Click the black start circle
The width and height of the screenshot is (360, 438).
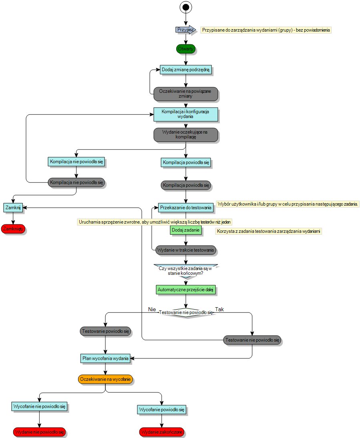[186, 7]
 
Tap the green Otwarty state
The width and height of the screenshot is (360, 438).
[186, 49]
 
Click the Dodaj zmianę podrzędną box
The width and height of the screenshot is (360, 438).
[186, 70]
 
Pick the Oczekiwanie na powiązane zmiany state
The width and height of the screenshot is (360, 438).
[186, 94]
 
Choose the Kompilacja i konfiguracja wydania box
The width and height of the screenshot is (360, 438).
[186, 114]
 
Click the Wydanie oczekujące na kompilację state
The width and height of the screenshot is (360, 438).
[186, 134]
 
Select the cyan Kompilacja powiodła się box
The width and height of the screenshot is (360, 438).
[186, 163]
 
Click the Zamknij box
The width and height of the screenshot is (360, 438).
[13, 208]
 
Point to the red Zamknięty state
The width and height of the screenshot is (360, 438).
[13, 229]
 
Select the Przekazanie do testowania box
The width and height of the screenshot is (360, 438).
[185, 208]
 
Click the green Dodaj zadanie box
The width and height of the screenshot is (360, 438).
[186, 230]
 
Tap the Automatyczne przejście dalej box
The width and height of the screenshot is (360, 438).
[186, 289]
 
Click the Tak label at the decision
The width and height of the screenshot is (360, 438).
[219, 309]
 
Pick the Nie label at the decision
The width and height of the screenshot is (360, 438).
[152, 309]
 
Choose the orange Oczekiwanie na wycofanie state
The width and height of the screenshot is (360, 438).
[105, 379]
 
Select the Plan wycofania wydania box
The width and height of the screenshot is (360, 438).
[105, 358]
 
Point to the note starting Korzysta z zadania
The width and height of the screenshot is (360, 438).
[269, 231]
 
